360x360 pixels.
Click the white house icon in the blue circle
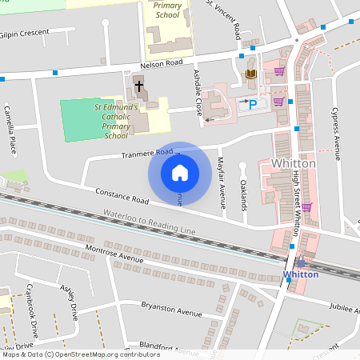(x=179, y=172)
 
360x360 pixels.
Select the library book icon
(x=250, y=75)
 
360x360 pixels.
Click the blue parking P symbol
(x=254, y=104)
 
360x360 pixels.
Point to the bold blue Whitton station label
(x=301, y=274)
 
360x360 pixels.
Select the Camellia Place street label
(x=11, y=129)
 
